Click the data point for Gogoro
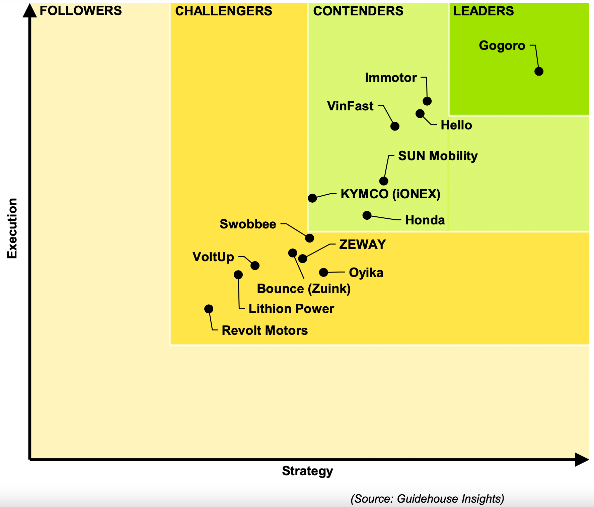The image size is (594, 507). [x=539, y=71]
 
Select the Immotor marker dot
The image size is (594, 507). [x=427, y=101]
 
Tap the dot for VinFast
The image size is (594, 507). [x=395, y=126]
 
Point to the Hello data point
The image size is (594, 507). [x=420, y=114]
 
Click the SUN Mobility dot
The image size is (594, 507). [x=384, y=181]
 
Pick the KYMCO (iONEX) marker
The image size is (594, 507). [x=312, y=198]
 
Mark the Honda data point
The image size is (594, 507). [x=367, y=215]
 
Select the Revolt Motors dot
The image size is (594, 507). [x=209, y=309]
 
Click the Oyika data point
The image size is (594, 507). [x=323, y=273]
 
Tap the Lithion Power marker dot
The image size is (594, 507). [x=238, y=275]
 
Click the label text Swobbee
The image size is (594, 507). [x=248, y=224]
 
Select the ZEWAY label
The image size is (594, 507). [x=362, y=244]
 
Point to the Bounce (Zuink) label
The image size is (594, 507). [x=304, y=289]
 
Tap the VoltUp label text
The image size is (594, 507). [x=213, y=257]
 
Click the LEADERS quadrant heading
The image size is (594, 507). [x=483, y=11]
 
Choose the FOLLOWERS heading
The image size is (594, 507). [x=81, y=11]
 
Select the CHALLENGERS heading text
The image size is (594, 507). [x=224, y=11]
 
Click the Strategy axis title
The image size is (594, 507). [x=307, y=471]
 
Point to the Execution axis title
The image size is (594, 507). [x=12, y=228]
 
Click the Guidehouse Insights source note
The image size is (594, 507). [x=427, y=499]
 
